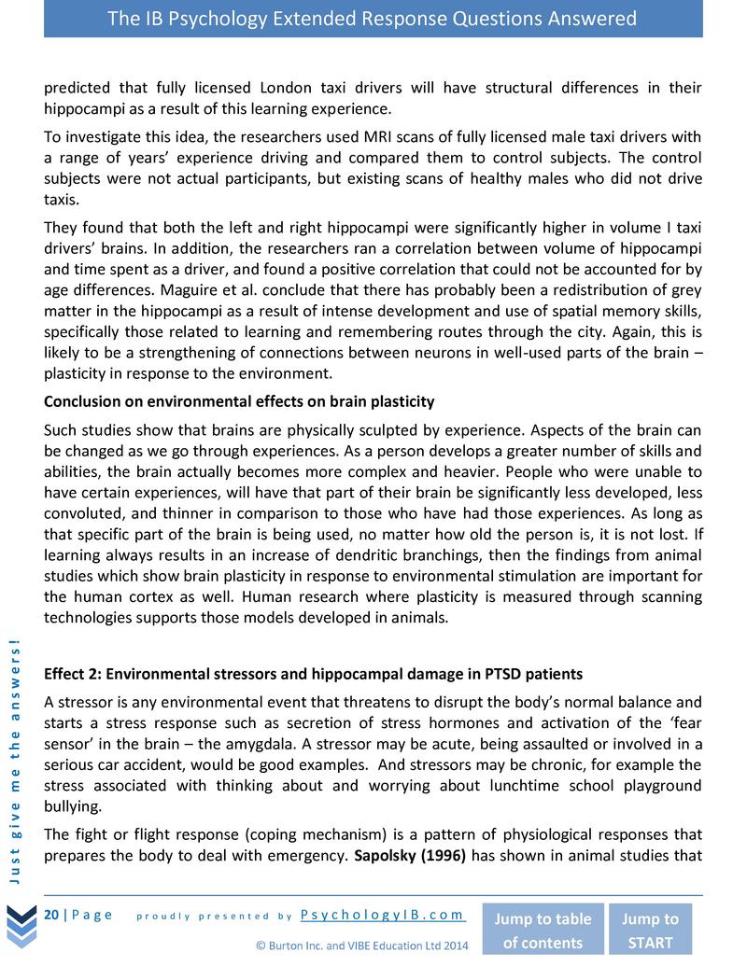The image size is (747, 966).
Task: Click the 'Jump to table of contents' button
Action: click(542, 930)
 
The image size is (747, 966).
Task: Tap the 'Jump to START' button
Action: click(650, 930)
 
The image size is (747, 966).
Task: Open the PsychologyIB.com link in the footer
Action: click(383, 915)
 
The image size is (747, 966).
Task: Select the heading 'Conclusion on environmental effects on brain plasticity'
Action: click(239, 401)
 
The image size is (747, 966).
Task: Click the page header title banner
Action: click(373, 19)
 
